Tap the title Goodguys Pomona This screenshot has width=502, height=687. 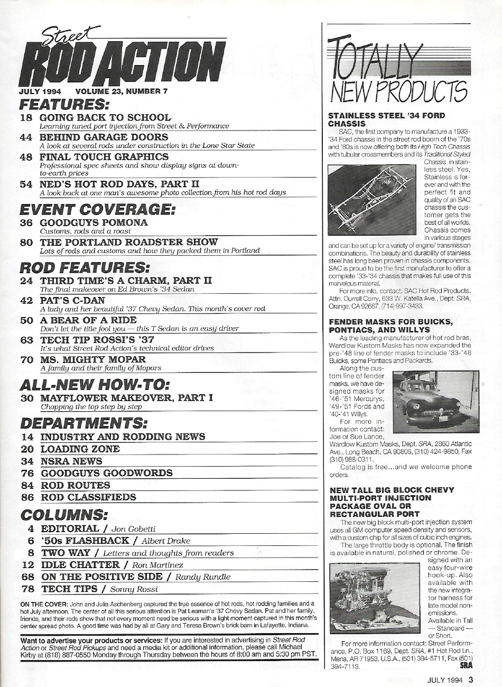coord(94,222)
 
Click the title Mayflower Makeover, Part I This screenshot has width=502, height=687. coord(126,398)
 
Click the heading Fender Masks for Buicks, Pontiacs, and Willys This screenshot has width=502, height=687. coord(391,325)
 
